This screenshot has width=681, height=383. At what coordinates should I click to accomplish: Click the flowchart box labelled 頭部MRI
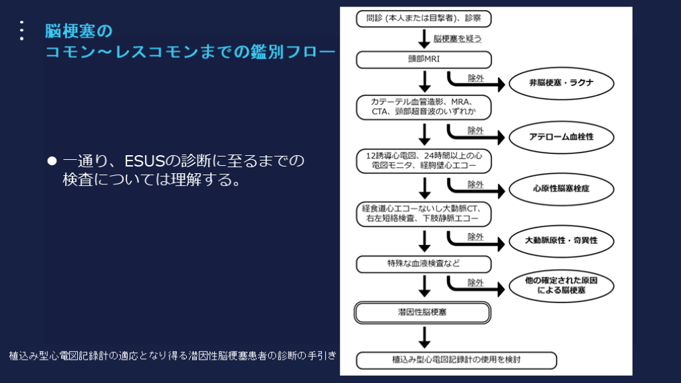[x=424, y=60]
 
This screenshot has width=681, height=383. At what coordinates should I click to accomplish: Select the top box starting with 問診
[x=424, y=19]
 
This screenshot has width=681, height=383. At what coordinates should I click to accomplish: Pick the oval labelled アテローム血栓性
[x=561, y=136]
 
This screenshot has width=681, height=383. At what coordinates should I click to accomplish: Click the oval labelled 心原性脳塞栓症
[x=561, y=189]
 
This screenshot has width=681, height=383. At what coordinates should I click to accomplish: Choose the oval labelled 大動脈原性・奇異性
[x=561, y=240]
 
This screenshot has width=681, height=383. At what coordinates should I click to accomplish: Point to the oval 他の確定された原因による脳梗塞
[x=561, y=286]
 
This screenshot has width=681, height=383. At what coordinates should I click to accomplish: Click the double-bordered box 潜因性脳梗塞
[x=424, y=312]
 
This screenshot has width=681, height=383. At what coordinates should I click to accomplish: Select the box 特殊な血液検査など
[x=424, y=264]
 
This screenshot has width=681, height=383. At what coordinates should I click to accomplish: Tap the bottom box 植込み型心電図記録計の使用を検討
[x=456, y=360]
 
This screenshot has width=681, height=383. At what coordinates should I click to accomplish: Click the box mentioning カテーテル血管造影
[x=424, y=107]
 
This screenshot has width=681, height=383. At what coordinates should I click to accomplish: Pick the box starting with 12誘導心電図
[x=424, y=160]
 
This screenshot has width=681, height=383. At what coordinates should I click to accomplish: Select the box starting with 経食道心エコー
[x=424, y=214]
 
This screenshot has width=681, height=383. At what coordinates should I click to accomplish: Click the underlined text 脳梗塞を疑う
[x=458, y=39]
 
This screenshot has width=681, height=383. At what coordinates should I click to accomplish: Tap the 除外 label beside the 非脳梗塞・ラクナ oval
[x=476, y=79]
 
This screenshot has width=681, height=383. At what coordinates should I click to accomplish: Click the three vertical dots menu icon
[x=22, y=31]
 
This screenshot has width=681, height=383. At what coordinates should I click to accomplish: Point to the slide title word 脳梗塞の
[x=79, y=31]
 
